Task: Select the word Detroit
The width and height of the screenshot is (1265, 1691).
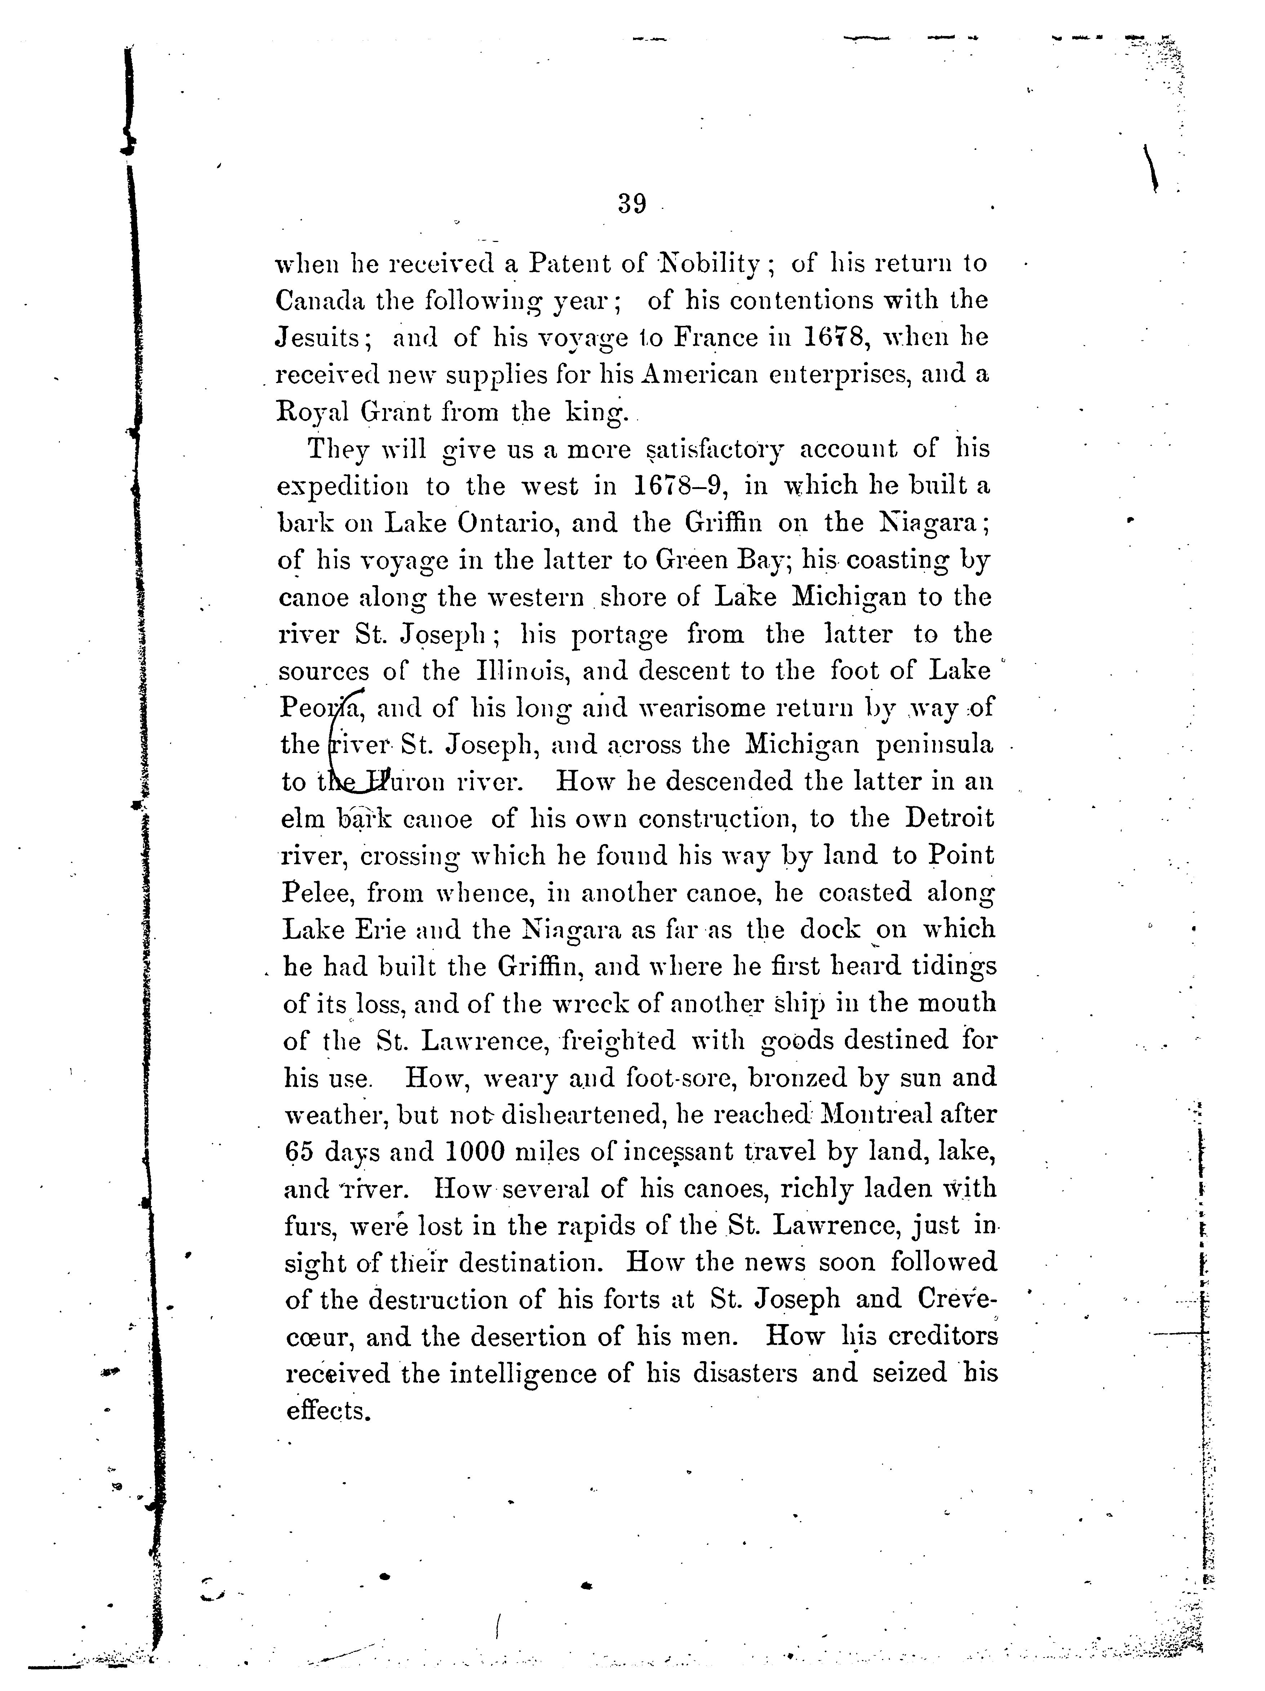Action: [950, 819]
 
